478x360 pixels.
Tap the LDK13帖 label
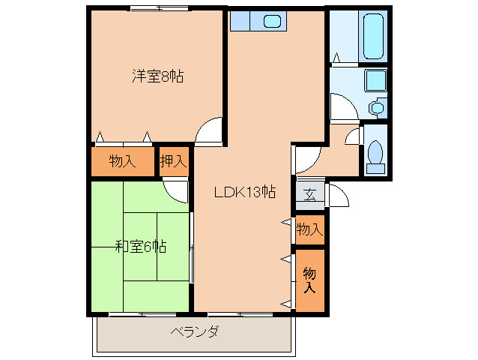(244, 192)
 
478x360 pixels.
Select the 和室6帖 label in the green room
(140, 246)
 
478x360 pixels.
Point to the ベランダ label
(194, 332)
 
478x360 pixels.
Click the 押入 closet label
(173, 160)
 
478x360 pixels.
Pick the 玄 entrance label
(309, 194)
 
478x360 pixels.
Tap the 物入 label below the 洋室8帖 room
(121, 160)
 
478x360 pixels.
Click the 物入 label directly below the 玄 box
(309, 229)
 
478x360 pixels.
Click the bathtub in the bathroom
(372, 36)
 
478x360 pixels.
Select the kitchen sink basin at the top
(272, 21)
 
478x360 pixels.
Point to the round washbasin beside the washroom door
(376, 107)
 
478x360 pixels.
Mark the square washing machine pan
(375, 81)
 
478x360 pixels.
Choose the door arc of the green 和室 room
(177, 191)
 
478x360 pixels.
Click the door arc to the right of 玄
(338, 196)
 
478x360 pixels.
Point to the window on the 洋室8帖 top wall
(157, 8)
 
